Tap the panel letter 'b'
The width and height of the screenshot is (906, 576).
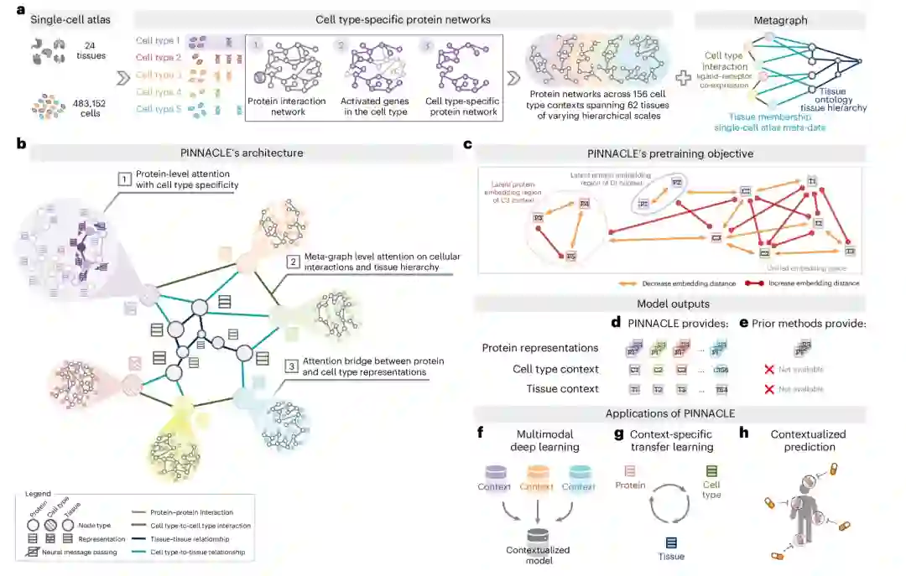pyautogui.click(x=20, y=144)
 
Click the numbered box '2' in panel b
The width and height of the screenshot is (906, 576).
pyautogui.click(x=291, y=261)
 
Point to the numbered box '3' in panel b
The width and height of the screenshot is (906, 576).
pyautogui.click(x=291, y=366)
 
